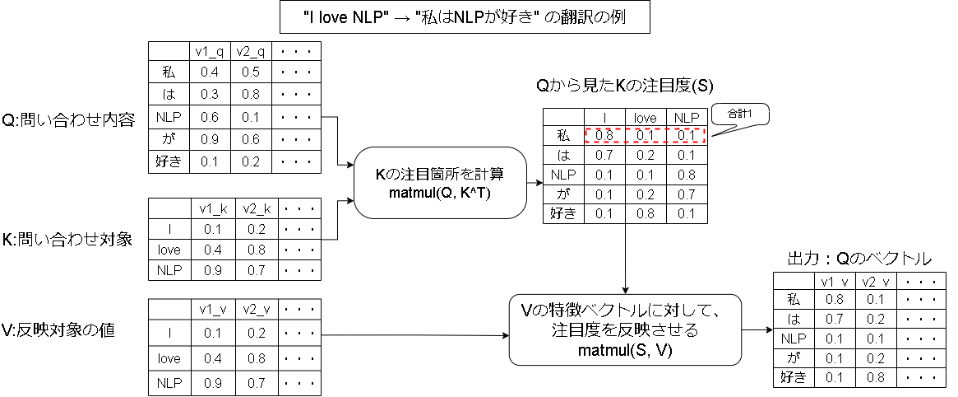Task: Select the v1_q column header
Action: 210,51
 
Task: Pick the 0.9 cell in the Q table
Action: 210,139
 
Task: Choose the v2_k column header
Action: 255,208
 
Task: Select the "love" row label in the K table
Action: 169,250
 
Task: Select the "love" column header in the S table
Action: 645,118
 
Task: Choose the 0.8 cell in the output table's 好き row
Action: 874,378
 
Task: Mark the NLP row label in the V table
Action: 169,383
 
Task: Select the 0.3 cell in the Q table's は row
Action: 210,95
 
